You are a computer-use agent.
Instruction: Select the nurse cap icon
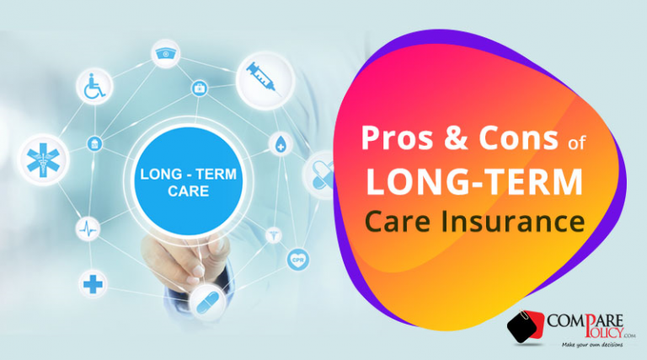pyautogui.click(x=164, y=55)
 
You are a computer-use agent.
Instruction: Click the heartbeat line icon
pyautogui.click(x=89, y=228)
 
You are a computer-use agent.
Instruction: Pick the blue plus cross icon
pyautogui.click(x=93, y=284)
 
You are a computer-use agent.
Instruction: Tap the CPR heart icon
pyautogui.click(x=297, y=258)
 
